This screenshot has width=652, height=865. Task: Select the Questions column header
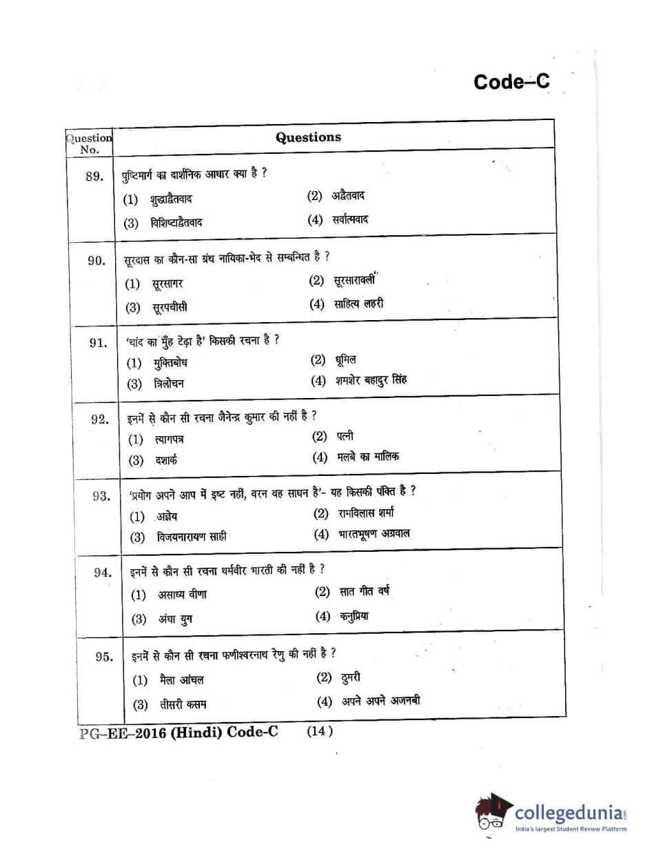pyautogui.click(x=308, y=137)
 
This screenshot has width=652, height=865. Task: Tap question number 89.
pyautogui.click(x=94, y=177)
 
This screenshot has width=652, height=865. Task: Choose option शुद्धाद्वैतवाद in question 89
pyautogui.click(x=171, y=200)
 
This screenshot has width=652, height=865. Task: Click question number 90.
pyautogui.click(x=96, y=260)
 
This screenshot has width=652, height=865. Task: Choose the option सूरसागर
pyautogui.click(x=167, y=284)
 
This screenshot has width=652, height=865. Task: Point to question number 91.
pyautogui.click(x=99, y=343)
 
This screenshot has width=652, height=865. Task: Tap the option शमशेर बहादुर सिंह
pyautogui.click(x=369, y=380)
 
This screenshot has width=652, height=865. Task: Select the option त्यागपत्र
pyautogui.click(x=169, y=439)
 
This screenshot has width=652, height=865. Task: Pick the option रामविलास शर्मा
pyautogui.click(x=366, y=513)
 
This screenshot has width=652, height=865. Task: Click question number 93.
pyautogui.click(x=101, y=496)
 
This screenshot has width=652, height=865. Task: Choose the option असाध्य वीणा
pyautogui.click(x=182, y=594)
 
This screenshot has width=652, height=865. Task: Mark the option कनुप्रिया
pyautogui.click(x=354, y=616)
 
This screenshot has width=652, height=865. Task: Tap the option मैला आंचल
pyautogui.click(x=181, y=680)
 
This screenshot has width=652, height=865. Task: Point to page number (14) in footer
pyautogui.click(x=320, y=731)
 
